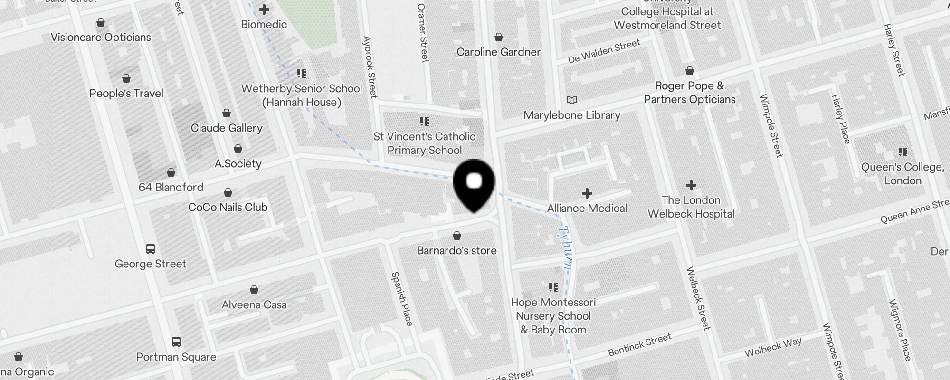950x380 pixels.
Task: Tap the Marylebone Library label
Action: point(572,115)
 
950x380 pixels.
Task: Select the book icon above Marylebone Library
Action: point(572,100)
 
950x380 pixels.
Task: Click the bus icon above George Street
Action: point(151,248)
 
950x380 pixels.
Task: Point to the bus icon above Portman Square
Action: point(176,342)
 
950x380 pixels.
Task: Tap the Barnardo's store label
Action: point(456,251)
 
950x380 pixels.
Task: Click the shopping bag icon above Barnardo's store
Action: point(457,236)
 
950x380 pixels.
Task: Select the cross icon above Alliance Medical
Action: point(587,193)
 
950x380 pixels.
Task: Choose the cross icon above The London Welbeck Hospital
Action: point(691,185)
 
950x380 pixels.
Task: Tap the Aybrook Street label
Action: point(370,67)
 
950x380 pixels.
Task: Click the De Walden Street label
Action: point(604,51)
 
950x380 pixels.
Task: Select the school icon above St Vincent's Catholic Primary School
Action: point(425,122)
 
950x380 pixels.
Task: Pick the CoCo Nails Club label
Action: point(228,208)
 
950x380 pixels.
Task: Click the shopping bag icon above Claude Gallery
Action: point(227,113)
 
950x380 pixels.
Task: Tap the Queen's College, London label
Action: point(902,174)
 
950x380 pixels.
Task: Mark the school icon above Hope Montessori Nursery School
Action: point(553,287)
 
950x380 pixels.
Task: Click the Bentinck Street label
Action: point(640,345)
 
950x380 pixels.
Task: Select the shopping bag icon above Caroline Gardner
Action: point(499,37)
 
